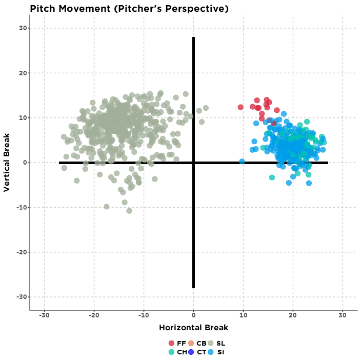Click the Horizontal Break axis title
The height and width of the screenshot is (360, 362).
[193, 328]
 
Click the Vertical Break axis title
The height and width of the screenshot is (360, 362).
[7, 163]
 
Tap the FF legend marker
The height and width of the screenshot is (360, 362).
[171, 343]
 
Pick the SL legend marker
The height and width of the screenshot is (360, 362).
[210, 343]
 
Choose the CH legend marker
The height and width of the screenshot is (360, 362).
[171, 352]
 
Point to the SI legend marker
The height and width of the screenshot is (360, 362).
[210, 352]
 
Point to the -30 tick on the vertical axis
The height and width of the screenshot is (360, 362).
[23, 297]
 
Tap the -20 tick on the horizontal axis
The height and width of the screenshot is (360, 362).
[93, 314]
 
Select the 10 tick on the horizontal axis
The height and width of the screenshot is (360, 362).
[243, 314]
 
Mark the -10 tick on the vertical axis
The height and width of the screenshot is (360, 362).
[23, 207]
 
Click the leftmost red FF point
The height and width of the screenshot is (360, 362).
[240, 107]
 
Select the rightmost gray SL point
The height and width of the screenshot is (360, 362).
[206, 108]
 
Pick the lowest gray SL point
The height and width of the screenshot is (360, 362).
[129, 211]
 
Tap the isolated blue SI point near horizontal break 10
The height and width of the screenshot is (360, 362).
[242, 162]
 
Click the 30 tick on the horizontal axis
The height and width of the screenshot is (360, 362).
[343, 314]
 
